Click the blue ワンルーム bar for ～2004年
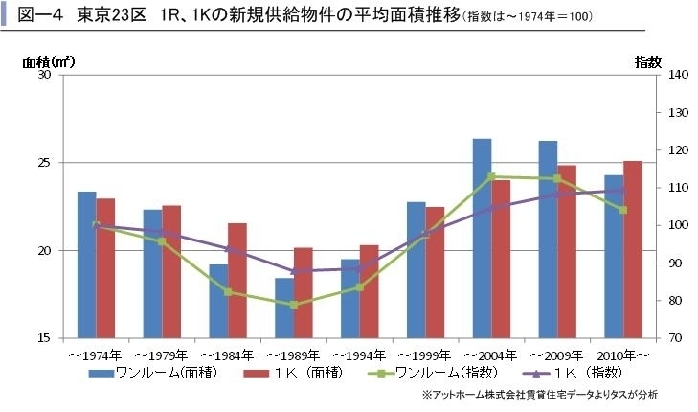tap(482, 239)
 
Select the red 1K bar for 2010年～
tap(633, 249)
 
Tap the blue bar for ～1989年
tap(284, 308)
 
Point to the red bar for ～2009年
tap(567, 251)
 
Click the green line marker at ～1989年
tap(294, 305)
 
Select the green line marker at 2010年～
tap(622, 210)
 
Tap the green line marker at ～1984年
tap(228, 291)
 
